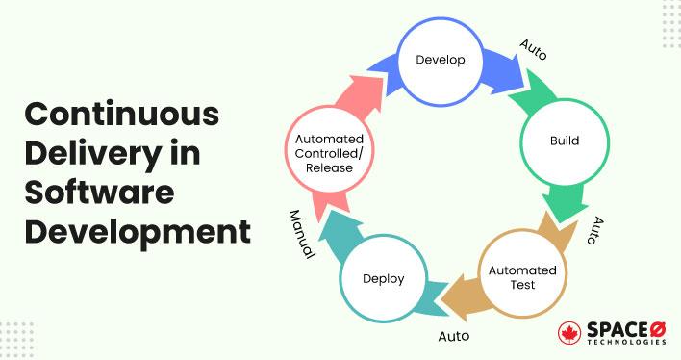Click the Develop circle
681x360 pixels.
tap(441, 60)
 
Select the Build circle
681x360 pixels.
tap(565, 141)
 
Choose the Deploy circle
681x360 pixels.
tap(383, 279)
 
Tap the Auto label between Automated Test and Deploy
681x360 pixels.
tap(454, 337)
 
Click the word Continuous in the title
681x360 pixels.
tap(121, 113)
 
